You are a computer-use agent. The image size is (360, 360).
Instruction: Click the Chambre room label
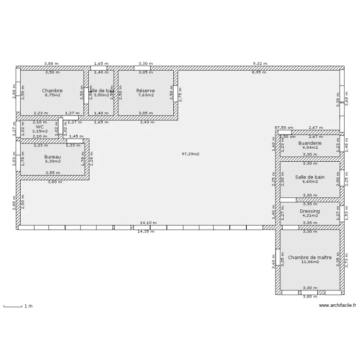click(x=52, y=90)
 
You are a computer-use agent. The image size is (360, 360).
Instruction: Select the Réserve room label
click(x=145, y=90)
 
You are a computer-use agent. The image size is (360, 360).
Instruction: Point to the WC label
click(x=39, y=127)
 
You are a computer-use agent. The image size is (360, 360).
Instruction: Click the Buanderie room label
click(x=310, y=143)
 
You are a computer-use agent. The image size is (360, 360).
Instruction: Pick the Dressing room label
click(x=310, y=211)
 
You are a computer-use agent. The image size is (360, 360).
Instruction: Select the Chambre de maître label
click(x=310, y=257)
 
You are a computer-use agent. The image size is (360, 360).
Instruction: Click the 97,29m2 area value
click(x=191, y=154)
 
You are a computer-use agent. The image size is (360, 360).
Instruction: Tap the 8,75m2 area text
click(x=52, y=95)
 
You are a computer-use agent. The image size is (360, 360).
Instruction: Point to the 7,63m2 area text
click(x=145, y=95)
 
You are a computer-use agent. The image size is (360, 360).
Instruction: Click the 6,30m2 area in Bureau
click(x=52, y=162)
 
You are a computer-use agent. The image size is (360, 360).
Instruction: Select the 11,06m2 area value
click(x=310, y=262)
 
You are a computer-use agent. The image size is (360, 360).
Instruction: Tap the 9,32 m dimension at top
click(x=261, y=63)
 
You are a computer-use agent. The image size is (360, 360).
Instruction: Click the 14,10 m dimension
click(x=147, y=223)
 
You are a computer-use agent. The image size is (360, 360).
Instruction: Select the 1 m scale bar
click(x=13, y=306)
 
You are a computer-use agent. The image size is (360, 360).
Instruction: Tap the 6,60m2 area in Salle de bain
click(x=310, y=181)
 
